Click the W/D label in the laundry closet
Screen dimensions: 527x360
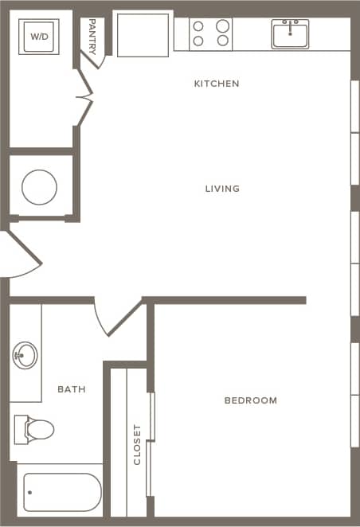click(x=39, y=36)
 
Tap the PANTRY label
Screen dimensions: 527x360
click(x=93, y=36)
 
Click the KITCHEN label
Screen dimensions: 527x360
click(x=217, y=84)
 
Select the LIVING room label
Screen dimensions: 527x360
click(x=222, y=189)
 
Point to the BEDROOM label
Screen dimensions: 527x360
click(x=251, y=400)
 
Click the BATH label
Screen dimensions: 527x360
click(x=72, y=389)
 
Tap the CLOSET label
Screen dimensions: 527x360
click(x=137, y=444)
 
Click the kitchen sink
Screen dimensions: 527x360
click(x=290, y=34)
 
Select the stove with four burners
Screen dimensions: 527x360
click(x=211, y=33)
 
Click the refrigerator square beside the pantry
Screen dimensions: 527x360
click(x=143, y=33)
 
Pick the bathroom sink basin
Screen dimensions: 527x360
click(x=25, y=353)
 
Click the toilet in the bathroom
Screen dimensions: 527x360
click(x=33, y=430)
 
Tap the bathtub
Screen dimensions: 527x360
click(x=61, y=492)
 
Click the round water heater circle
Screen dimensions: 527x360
click(x=39, y=188)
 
